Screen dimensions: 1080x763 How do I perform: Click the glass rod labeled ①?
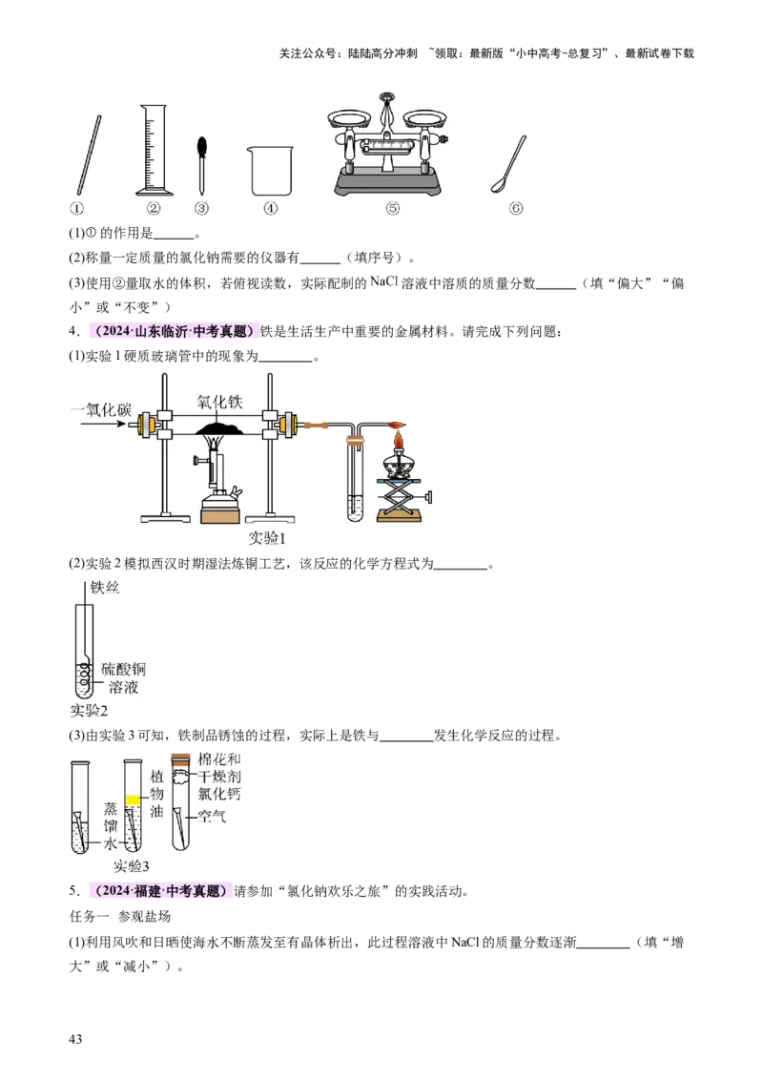tap(87, 155)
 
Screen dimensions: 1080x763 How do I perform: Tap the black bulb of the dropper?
tap(201, 147)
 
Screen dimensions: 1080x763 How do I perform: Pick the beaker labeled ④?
tap(270, 172)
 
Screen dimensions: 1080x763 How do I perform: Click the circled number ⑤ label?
tap(392, 208)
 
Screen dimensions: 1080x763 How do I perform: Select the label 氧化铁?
tap(220, 403)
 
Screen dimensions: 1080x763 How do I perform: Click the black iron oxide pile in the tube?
tap(219, 428)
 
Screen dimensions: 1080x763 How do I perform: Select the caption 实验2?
tap(92, 710)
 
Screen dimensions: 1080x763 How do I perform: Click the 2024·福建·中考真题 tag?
tap(159, 891)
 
